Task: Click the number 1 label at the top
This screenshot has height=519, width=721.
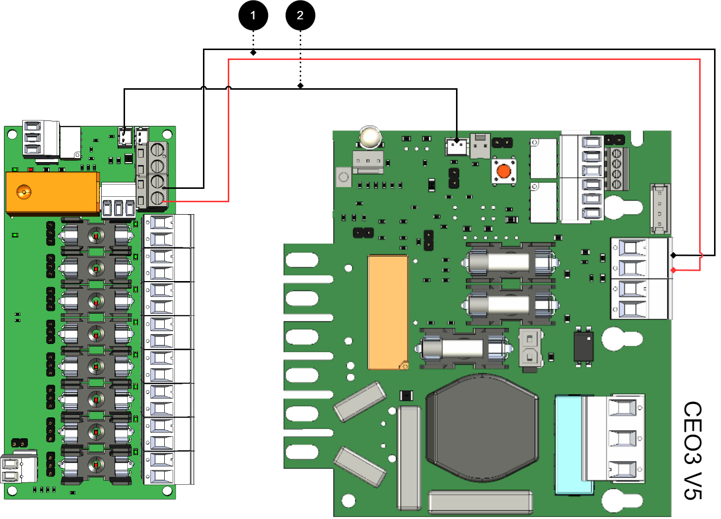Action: tap(253, 15)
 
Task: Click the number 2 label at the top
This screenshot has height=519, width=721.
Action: tap(300, 15)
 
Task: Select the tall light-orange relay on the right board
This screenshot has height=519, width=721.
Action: tap(388, 312)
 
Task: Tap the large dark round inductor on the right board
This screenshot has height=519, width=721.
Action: tap(482, 428)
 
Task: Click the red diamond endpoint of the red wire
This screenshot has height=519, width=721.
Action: tap(673, 270)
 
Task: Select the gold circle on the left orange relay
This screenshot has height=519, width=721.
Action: tap(23, 191)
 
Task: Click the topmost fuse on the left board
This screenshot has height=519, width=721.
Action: tap(96, 235)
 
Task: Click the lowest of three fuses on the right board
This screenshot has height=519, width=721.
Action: tap(463, 348)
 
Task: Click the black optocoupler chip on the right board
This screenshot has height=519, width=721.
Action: tap(584, 346)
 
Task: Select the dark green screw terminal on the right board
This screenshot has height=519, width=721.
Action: tap(617, 169)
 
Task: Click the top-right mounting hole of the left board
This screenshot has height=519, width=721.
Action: tap(168, 134)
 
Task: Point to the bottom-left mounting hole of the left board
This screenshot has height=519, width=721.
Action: tap(12, 491)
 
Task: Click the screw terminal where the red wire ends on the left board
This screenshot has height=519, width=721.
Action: tap(157, 199)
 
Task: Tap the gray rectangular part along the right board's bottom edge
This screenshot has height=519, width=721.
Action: tap(480, 502)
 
